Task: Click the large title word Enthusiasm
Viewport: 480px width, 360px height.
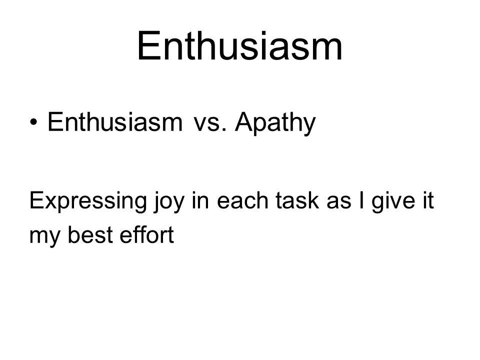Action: (239, 46)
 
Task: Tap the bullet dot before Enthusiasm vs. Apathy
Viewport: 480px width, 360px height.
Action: (33, 122)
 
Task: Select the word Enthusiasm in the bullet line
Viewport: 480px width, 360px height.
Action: (115, 122)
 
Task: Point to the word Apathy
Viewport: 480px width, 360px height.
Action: (275, 123)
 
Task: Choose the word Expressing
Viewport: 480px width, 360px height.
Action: (88, 201)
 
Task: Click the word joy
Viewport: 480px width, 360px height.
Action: (169, 201)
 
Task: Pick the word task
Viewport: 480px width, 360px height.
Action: (297, 200)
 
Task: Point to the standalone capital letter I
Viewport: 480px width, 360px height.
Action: (362, 200)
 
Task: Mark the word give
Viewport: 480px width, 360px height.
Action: (393, 201)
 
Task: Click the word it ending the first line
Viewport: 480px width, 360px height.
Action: (428, 200)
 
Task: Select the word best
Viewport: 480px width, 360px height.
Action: (91, 235)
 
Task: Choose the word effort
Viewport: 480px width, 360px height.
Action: (146, 235)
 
